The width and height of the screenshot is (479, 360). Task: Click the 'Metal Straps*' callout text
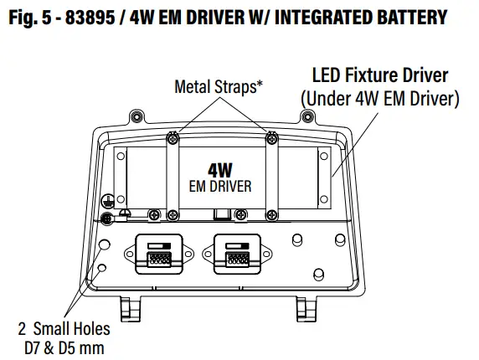(215, 85)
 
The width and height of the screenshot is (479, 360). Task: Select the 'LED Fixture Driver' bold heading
(379, 75)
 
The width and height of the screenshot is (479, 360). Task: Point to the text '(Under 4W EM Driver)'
(379, 99)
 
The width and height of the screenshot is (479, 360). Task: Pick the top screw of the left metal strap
(172, 136)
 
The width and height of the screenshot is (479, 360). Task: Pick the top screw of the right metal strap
(270, 136)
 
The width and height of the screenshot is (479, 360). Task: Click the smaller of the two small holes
(102, 268)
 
